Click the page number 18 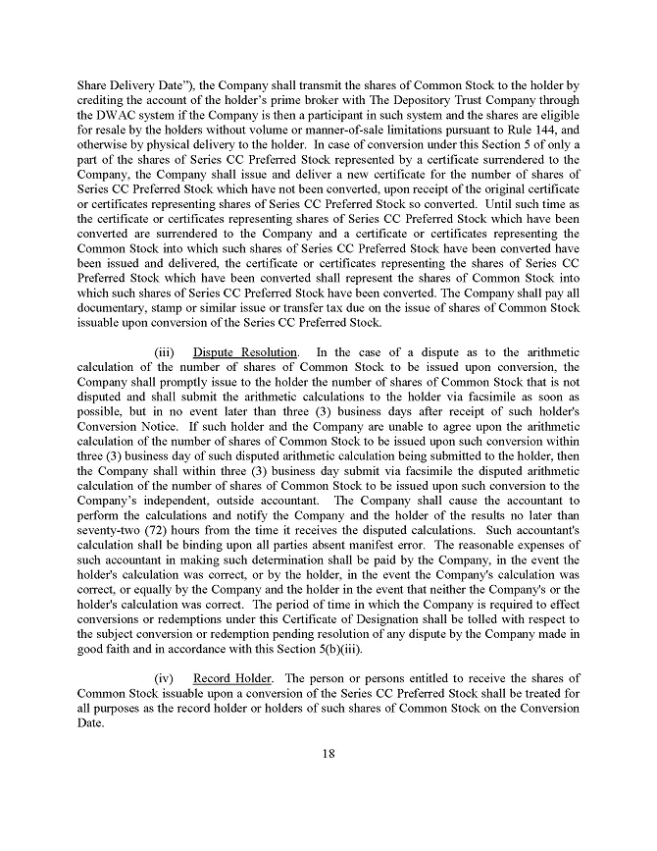click(x=328, y=754)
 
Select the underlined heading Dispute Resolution click(x=245, y=352)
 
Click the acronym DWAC click(x=118, y=115)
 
